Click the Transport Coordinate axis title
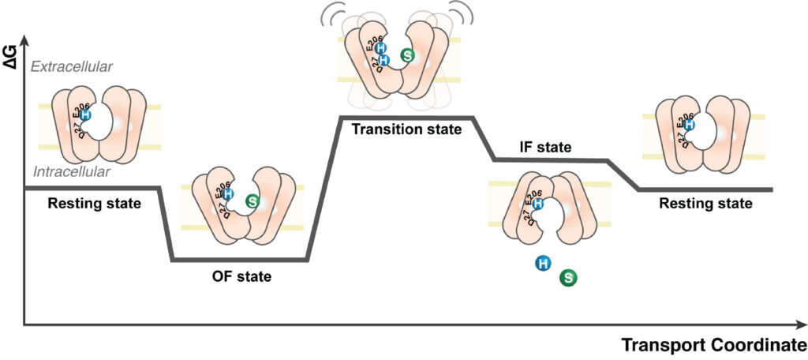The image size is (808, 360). tap(713, 346)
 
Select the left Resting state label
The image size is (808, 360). tap(95, 204)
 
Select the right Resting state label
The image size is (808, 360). tap(705, 204)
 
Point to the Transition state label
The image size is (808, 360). tap(406, 129)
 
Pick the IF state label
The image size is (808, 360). tap(545, 146)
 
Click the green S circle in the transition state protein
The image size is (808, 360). tap(407, 54)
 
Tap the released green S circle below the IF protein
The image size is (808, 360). tap(568, 277)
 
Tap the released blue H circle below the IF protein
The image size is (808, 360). tap(543, 264)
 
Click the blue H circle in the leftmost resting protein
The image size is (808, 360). tap(86, 115)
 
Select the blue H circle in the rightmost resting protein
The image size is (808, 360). tap(689, 125)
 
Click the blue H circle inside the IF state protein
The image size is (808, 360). tap(537, 204)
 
